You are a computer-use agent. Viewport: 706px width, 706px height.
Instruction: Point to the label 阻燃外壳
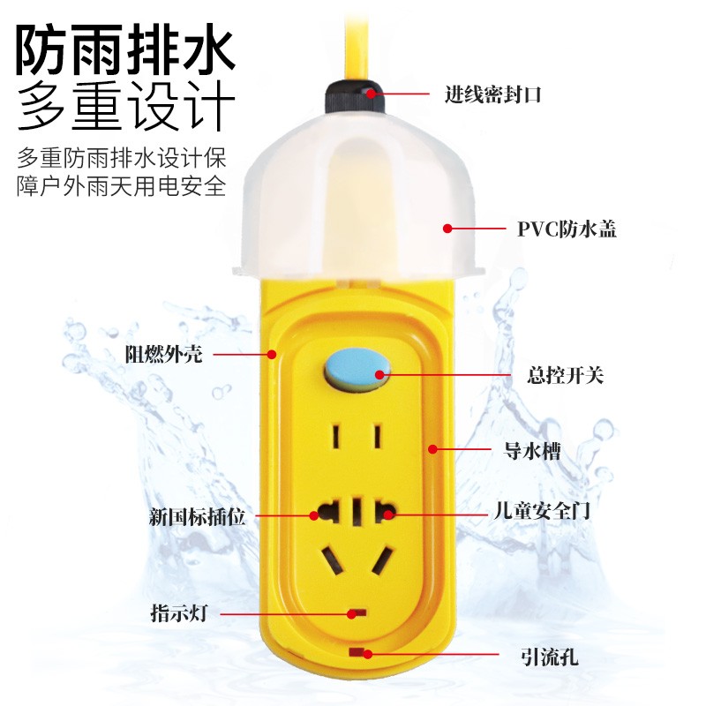(x=163, y=355)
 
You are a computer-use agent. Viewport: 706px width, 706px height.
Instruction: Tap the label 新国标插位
(x=198, y=516)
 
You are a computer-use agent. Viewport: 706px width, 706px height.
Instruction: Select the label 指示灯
(x=178, y=612)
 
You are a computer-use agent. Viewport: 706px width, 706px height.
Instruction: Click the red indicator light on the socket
(x=357, y=611)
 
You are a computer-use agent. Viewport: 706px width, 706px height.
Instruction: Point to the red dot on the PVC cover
(x=447, y=229)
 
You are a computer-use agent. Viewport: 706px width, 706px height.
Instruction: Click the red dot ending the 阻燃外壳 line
(x=273, y=355)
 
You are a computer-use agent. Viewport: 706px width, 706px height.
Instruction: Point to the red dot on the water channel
(x=432, y=449)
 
